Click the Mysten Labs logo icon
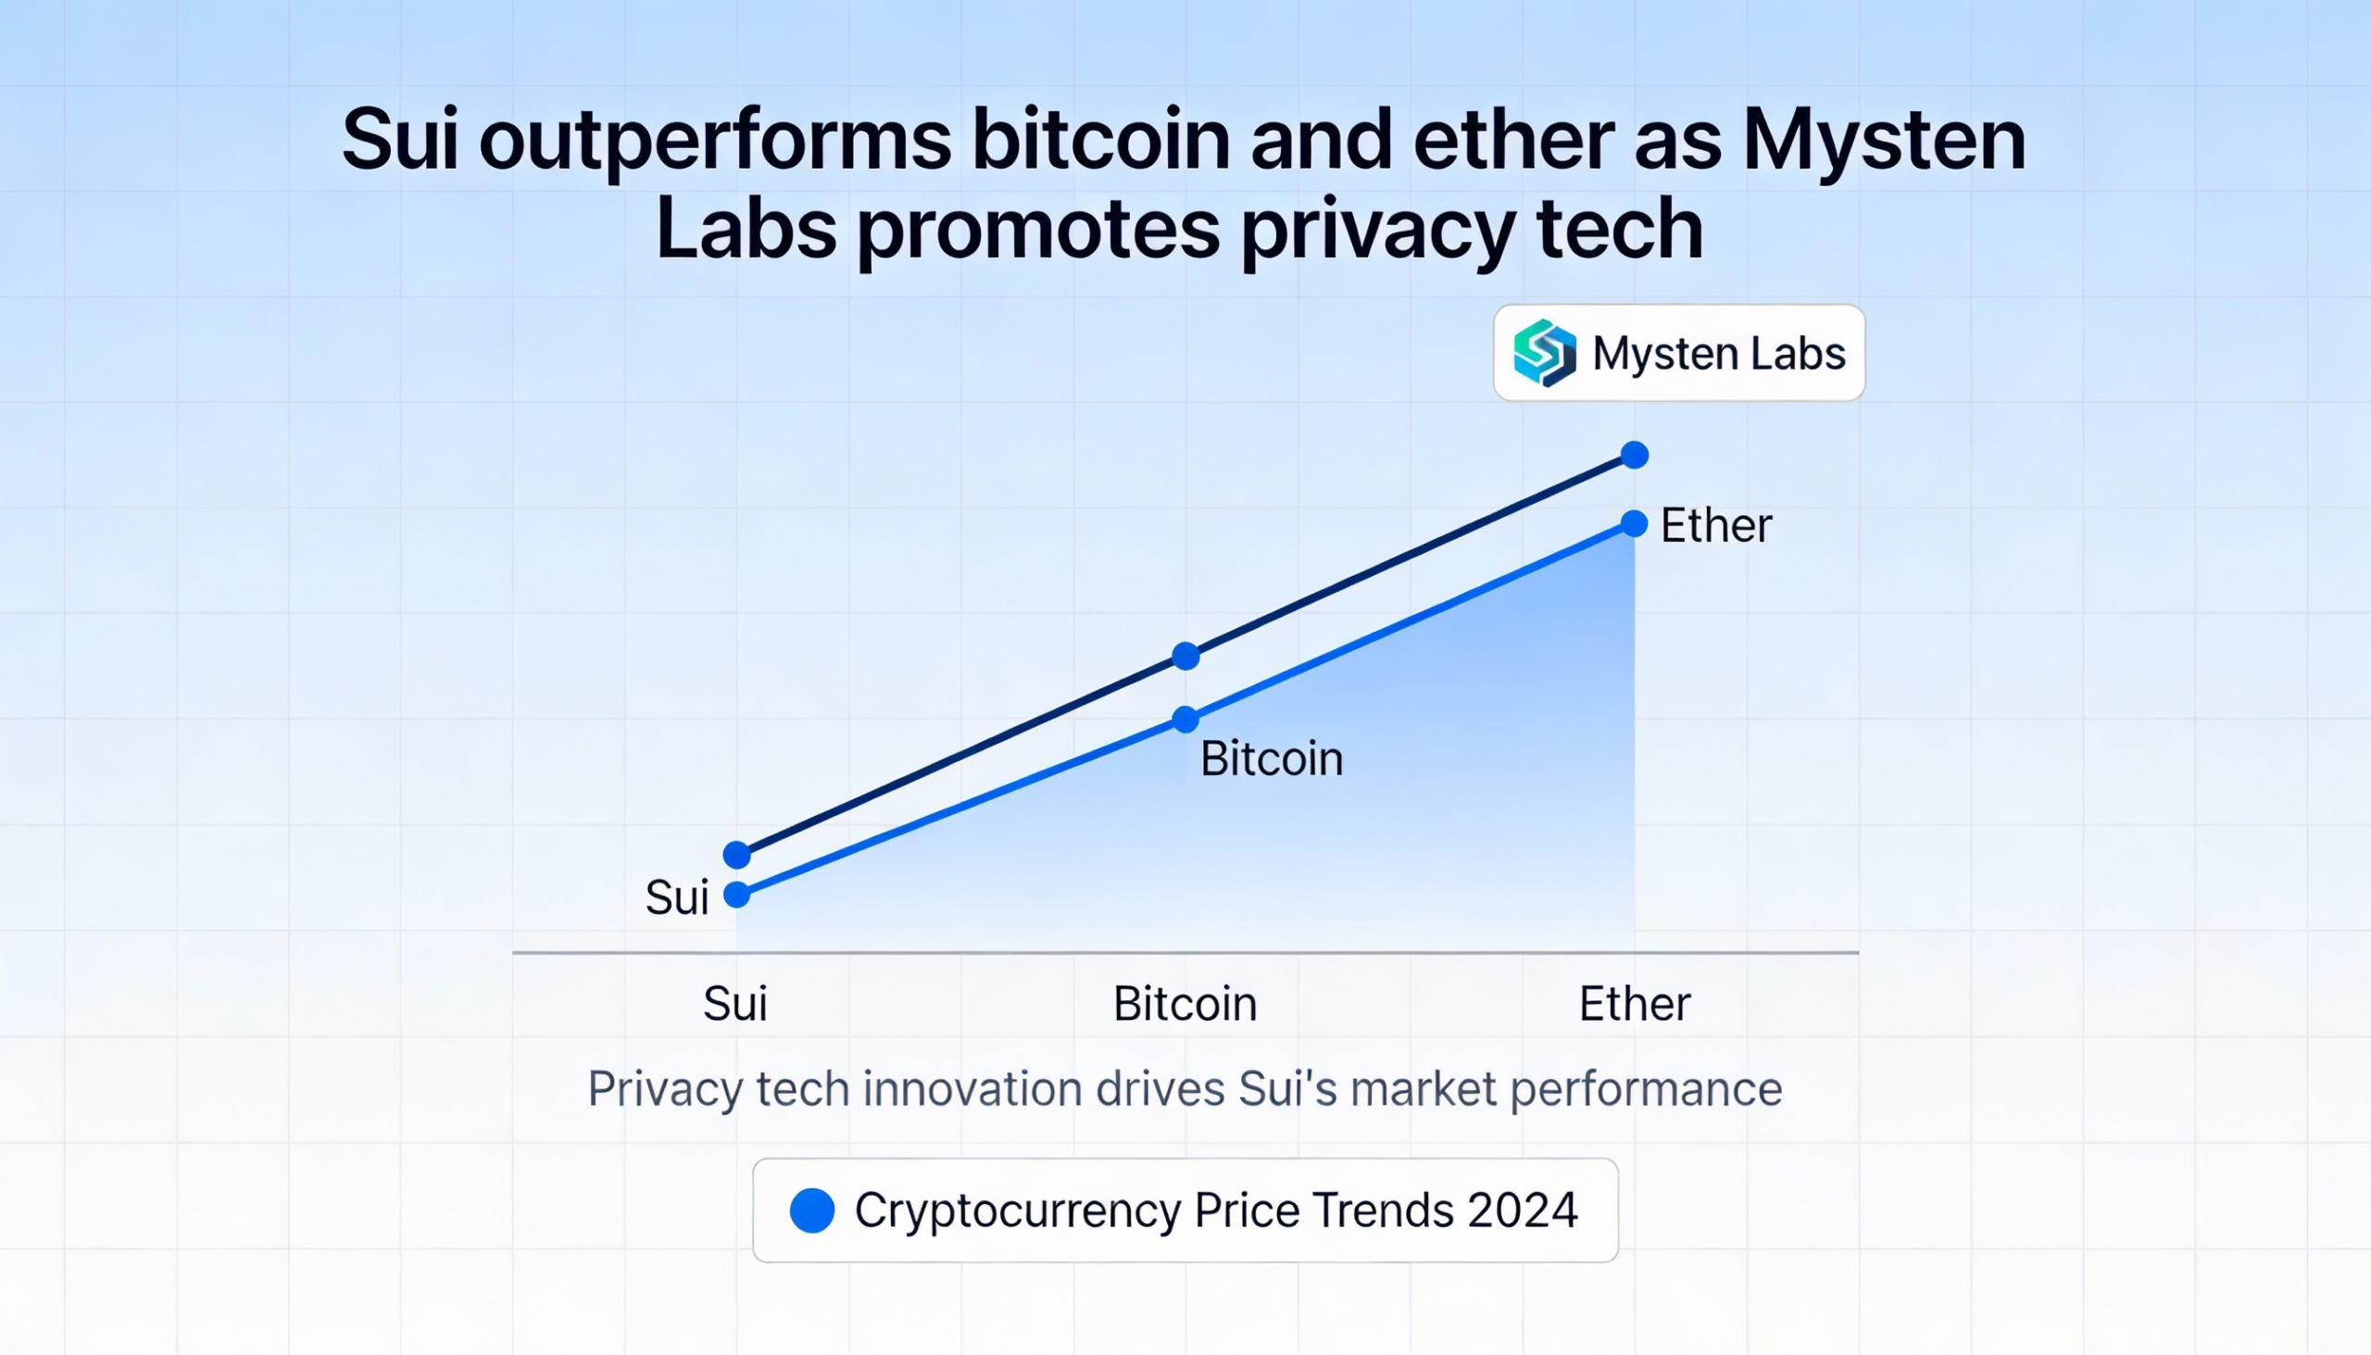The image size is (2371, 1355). click(1545, 353)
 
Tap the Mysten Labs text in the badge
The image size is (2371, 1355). click(1719, 354)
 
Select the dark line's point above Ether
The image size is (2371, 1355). click(1634, 455)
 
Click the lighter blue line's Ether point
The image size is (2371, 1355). click(1634, 524)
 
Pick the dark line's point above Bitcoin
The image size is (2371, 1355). click(1185, 656)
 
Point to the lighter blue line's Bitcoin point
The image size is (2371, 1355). click(1185, 720)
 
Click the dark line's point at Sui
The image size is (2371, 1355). click(737, 854)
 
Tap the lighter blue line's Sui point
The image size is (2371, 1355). click(737, 895)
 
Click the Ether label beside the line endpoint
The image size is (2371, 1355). click(1716, 526)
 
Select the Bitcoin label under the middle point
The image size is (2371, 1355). click(1271, 759)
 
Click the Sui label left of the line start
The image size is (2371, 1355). click(676, 898)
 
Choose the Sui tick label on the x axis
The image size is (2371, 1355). click(735, 1004)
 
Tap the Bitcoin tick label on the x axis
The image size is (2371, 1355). click(1185, 1004)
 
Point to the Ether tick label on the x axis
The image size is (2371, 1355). click(1634, 1004)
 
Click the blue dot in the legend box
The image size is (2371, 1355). click(811, 1211)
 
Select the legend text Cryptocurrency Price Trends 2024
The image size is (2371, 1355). click(1216, 1211)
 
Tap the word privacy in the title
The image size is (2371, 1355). click(1377, 230)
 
